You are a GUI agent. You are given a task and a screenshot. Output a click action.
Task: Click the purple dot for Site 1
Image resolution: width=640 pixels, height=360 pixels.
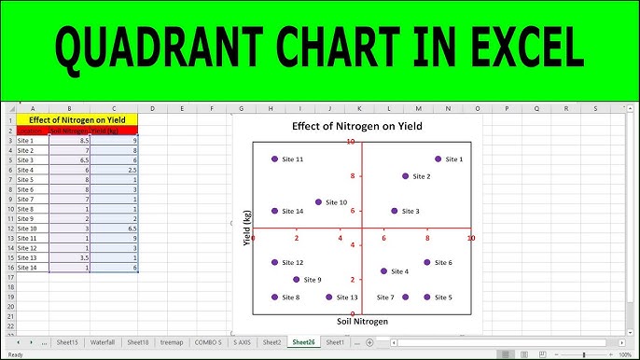pos(438,159)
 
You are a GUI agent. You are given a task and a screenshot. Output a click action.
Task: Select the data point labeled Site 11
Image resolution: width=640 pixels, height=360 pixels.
pos(274,159)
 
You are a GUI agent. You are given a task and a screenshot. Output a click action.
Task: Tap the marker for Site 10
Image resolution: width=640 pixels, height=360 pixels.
pos(318,202)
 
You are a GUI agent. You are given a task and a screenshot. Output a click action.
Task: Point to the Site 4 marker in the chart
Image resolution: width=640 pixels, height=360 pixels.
pos(383,271)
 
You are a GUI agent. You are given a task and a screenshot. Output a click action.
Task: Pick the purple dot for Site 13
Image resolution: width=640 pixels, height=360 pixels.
pos(328,298)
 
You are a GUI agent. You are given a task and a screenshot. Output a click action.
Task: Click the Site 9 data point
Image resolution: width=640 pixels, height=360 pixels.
pos(296,280)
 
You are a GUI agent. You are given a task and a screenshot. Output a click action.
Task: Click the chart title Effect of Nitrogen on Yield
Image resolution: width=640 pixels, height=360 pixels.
pos(356,125)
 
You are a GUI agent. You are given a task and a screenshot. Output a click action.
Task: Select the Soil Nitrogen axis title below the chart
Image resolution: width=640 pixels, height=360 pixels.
pos(362,321)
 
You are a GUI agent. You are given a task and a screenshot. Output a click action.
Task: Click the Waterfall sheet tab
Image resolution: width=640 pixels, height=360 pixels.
pos(102,342)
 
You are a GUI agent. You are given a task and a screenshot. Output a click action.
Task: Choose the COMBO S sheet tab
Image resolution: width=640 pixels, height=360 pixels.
pos(207,342)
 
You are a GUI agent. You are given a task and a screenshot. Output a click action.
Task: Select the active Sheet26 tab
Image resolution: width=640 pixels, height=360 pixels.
pos(302,342)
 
